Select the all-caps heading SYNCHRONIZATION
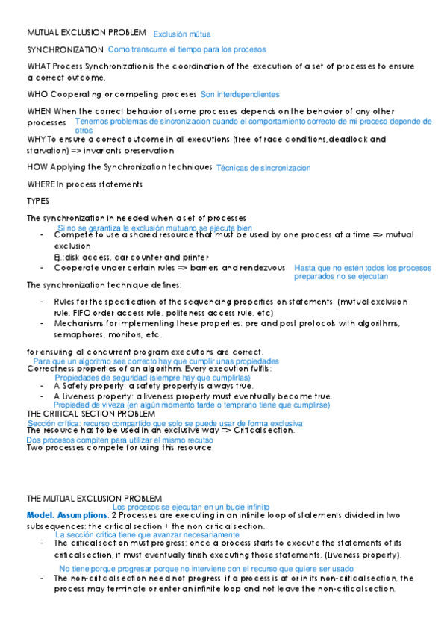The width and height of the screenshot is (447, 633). click(x=65, y=50)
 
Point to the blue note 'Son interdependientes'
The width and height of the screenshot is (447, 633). click(x=240, y=95)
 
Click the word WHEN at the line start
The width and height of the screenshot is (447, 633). click(x=40, y=111)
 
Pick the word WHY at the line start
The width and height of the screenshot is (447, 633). click(x=35, y=139)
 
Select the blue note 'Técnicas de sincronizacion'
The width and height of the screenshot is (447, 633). click(x=263, y=169)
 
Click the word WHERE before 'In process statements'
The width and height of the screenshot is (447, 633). click(x=41, y=184)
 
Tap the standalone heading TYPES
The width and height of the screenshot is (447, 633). click(x=37, y=201)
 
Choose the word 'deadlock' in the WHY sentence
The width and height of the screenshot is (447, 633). click(x=349, y=139)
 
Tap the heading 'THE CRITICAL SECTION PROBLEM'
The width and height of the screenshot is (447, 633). click(x=90, y=413)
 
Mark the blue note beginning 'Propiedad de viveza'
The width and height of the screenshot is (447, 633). click(x=191, y=405)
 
